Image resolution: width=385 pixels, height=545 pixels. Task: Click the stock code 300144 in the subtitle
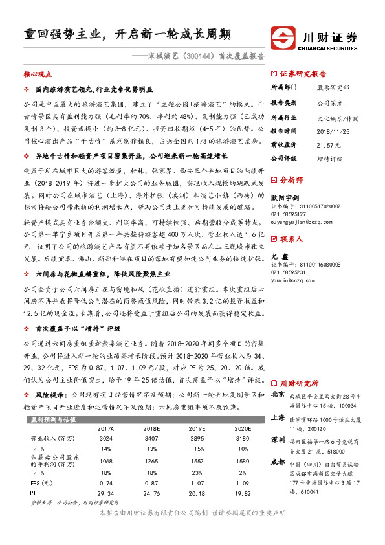click(197, 56)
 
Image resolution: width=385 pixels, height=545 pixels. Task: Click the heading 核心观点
click(38, 75)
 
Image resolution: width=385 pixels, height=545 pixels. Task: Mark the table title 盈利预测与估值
click(53, 419)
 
